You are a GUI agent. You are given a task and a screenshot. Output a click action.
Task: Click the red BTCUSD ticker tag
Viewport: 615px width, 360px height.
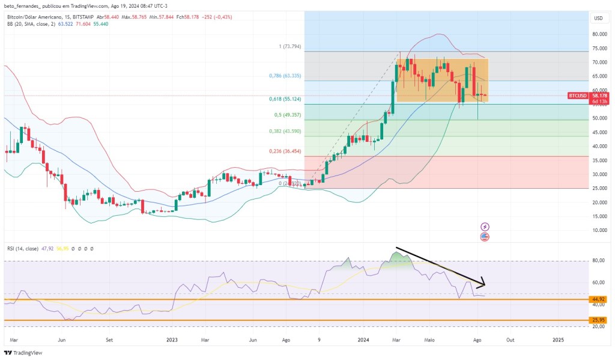[578, 96]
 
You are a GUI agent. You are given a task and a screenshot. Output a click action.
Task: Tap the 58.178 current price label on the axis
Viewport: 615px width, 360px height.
[598, 96]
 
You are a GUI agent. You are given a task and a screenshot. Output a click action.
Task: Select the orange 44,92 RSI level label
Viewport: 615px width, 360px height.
[598, 299]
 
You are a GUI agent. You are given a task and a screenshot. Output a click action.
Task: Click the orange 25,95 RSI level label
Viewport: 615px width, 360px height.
[598, 320]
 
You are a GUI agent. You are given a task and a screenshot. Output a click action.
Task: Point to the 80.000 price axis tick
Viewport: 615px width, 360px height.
[598, 34]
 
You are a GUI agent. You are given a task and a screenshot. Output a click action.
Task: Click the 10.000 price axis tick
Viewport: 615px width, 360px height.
[598, 231]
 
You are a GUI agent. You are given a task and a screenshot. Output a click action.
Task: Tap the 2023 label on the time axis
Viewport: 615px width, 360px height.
[172, 339]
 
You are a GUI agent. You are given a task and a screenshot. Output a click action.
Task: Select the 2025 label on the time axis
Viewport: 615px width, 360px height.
[558, 339]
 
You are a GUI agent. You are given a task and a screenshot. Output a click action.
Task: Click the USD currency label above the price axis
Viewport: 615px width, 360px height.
[598, 18]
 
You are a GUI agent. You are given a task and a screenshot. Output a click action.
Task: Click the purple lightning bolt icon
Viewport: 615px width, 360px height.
[485, 227]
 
